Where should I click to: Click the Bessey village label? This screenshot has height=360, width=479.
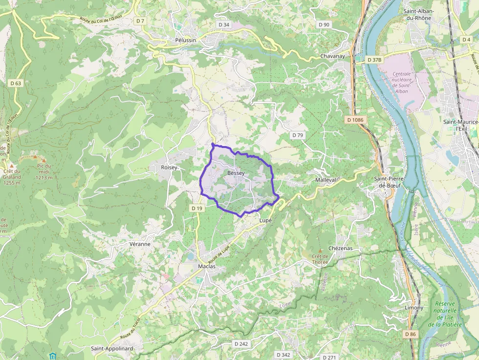click(x=236, y=173)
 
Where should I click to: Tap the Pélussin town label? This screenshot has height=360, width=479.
click(x=185, y=40)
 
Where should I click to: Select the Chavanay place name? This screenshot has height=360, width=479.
click(x=332, y=56)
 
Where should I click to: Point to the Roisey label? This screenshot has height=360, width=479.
click(x=169, y=167)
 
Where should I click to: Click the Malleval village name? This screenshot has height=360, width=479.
click(x=326, y=180)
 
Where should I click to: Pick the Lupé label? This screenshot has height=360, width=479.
click(x=265, y=220)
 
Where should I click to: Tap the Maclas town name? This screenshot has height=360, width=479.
click(x=207, y=266)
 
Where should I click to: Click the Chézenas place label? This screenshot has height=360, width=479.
click(x=341, y=248)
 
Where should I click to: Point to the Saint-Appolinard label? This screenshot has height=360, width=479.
click(x=112, y=348)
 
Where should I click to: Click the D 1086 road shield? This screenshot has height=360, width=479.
click(x=355, y=120)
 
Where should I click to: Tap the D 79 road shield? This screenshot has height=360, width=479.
click(x=297, y=135)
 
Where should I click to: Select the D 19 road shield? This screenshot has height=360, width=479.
click(x=196, y=208)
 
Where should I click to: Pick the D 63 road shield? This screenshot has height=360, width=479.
click(x=16, y=83)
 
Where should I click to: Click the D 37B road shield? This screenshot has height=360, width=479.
click(x=374, y=60)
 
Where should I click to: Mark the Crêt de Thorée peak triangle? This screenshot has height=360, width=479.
click(x=320, y=251)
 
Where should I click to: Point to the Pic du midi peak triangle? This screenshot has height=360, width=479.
click(x=44, y=160)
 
